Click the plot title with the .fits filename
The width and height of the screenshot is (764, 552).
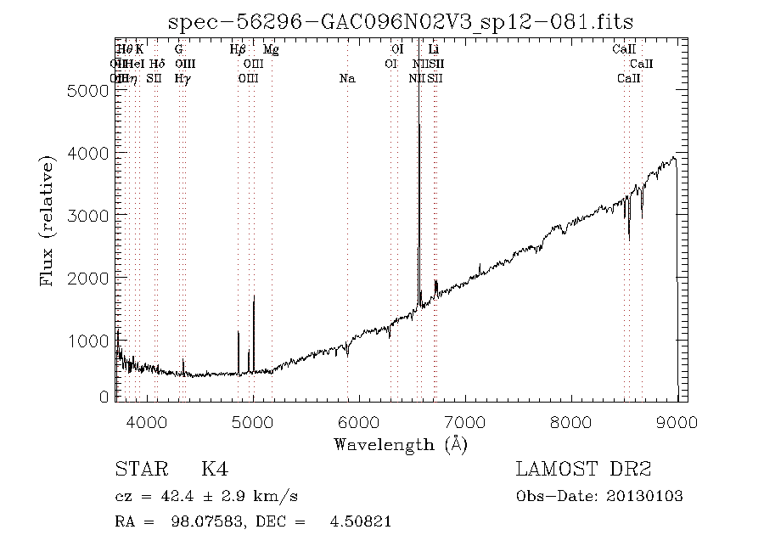(x=401, y=22)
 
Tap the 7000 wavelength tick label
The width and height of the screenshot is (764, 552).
(x=465, y=421)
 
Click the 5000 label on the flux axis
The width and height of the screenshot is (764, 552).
(x=86, y=90)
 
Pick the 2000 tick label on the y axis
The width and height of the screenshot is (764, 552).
(x=86, y=279)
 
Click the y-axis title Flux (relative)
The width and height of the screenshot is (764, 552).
(x=48, y=222)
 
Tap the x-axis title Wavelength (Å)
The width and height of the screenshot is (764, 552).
(x=400, y=444)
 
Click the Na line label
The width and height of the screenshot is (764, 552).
(x=346, y=79)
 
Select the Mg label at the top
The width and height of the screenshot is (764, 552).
(x=271, y=50)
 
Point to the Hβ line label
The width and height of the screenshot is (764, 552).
(x=238, y=50)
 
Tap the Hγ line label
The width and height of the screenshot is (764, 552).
(x=182, y=79)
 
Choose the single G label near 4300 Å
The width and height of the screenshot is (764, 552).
(x=178, y=50)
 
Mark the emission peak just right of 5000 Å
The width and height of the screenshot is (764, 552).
(x=254, y=296)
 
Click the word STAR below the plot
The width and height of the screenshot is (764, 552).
(x=139, y=470)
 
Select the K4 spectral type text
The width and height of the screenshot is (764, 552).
(x=214, y=470)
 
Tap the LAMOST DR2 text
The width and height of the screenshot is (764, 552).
(x=583, y=470)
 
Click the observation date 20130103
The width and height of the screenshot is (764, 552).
(x=645, y=497)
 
